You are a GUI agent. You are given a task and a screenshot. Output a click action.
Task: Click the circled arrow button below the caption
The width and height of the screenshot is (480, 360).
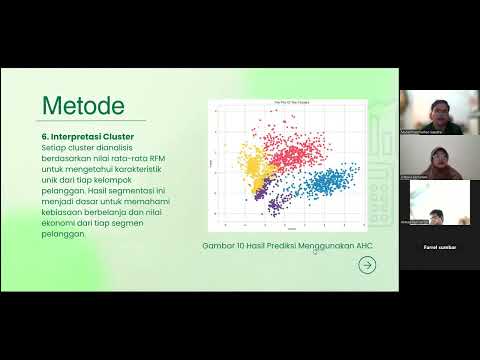[x=367, y=265]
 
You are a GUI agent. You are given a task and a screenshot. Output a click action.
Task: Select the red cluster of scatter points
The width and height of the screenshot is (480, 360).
[x=290, y=150]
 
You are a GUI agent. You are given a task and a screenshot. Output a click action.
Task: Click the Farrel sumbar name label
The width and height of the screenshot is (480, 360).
[x=440, y=246]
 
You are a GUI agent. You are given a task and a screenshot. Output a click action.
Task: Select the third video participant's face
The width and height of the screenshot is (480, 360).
[x=439, y=216]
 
